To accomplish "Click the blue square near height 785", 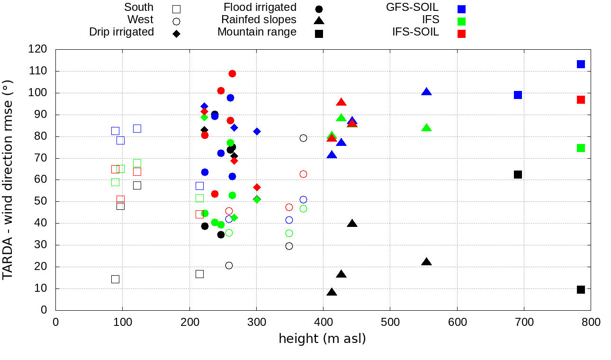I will (x=581, y=64).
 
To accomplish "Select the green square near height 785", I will (x=581, y=148).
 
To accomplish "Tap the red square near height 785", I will (x=581, y=99).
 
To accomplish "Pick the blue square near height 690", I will (x=518, y=95).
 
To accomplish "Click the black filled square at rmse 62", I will (x=518, y=174).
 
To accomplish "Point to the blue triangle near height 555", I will (x=426, y=92).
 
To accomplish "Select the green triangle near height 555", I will (x=426, y=128).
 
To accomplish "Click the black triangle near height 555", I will (x=426, y=262).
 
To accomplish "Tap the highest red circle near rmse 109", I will (x=232, y=73).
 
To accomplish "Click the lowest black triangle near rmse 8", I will (x=332, y=292).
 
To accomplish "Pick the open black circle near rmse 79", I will (x=303, y=138).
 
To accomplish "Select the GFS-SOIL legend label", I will (x=412, y=7).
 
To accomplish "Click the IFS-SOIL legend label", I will (x=415, y=32).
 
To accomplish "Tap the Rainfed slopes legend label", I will (x=259, y=19).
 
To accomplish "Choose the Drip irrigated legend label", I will (x=121, y=32).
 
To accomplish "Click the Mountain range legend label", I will (x=257, y=32).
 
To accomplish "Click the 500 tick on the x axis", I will (x=390, y=323).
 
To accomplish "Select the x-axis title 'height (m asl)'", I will (x=322, y=339).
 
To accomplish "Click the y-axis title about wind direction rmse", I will (x=8, y=180).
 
